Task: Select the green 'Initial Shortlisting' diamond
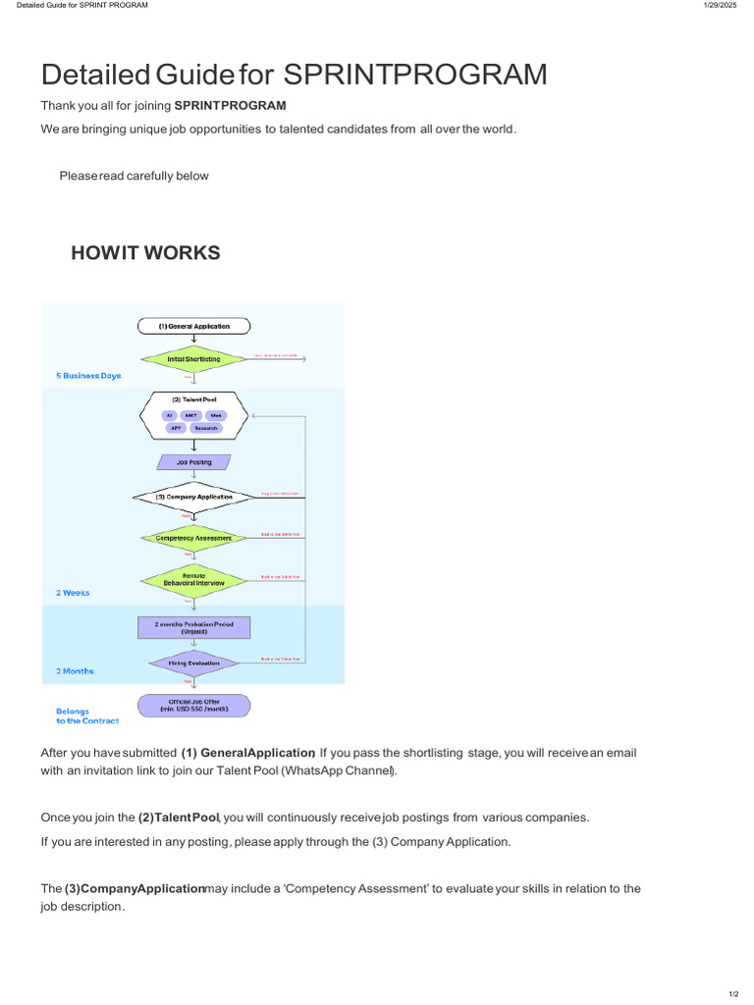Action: pos(193,359)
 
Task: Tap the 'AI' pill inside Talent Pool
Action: pos(170,415)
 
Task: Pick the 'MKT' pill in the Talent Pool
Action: pos(191,415)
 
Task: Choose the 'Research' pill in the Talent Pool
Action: pos(206,428)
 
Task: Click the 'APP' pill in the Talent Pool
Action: pos(177,428)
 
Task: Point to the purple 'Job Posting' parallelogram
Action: pos(193,462)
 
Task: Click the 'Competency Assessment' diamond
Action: pos(193,538)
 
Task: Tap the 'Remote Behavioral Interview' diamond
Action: pos(193,579)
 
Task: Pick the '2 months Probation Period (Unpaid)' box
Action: pos(193,627)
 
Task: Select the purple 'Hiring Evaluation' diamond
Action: pos(193,663)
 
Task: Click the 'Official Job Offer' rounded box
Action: pos(193,705)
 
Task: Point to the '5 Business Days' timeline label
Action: pos(88,376)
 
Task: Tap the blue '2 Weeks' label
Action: pos(74,593)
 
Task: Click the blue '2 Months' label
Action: pos(76,671)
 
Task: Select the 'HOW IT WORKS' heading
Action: pos(145,253)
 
